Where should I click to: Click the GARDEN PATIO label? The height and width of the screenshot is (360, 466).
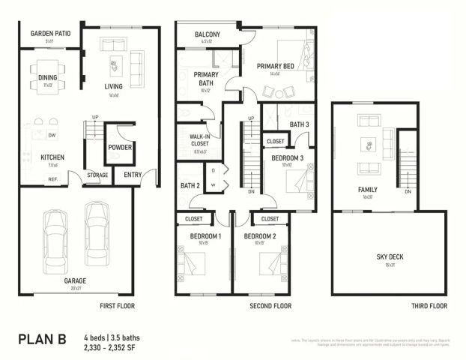pos(50,34)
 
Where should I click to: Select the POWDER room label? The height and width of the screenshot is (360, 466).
pos(120,147)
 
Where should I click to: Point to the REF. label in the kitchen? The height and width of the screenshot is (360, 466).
pos(53,179)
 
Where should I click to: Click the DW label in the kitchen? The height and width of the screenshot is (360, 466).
pos(52,136)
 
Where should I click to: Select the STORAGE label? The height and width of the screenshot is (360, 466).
pos(97,175)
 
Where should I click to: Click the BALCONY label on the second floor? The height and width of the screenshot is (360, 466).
pos(207,34)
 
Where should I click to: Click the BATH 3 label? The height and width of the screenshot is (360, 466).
pos(300,124)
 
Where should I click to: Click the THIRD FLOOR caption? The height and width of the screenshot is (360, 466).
pos(429,306)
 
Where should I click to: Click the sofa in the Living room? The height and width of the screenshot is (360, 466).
pos(137,67)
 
